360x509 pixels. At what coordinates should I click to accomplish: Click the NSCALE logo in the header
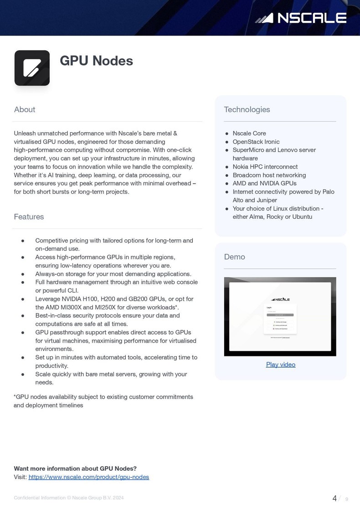(x=301, y=18)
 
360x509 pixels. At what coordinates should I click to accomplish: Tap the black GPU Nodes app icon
(x=32, y=68)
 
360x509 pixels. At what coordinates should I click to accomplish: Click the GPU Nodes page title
(x=96, y=61)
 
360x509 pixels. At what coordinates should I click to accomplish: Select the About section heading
(x=25, y=109)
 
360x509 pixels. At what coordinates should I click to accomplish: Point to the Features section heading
(x=29, y=216)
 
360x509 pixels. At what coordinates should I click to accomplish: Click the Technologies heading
(x=247, y=109)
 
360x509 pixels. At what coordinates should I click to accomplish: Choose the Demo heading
(x=235, y=257)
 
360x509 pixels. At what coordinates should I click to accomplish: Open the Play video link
(x=281, y=365)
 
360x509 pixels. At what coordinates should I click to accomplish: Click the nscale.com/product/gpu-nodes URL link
(x=89, y=477)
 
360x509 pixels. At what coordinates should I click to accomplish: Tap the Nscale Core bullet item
(x=249, y=134)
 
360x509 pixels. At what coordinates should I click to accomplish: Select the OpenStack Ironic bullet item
(x=256, y=142)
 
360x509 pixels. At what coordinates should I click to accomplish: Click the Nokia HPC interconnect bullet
(x=265, y=167)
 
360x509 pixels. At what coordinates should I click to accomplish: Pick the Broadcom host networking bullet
(x=269, y=175)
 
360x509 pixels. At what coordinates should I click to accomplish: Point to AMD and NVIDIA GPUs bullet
(x=264, y=183)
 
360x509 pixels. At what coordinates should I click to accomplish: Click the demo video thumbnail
(x=280, y=316)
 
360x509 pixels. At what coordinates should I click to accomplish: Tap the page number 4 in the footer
(x=334, y=498)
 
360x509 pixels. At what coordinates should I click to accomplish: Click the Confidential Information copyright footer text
(x=68, y=498)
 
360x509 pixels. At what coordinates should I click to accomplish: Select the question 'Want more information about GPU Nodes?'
(x=75, y=468)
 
